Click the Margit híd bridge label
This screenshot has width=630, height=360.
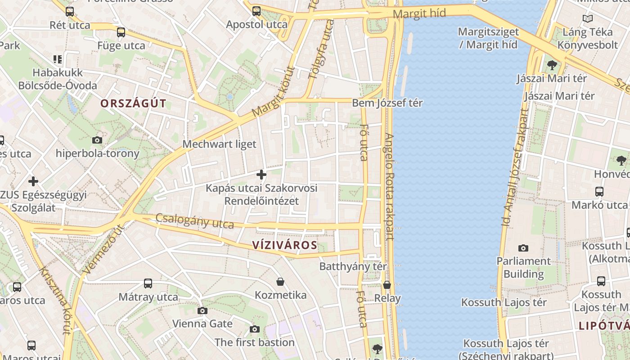tap(419, 14)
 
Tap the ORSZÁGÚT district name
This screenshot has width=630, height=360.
tap(133, 103)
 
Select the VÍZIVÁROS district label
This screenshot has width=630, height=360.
tap(284, 245)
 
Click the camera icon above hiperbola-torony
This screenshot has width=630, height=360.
tap(97, 140)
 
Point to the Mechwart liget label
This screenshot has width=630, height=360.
tap(219, 144)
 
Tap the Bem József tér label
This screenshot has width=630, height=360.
tap(387, 103)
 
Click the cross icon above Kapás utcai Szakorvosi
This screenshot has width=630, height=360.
tap(261, 175)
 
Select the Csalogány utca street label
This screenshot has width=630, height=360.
tap(194, 220)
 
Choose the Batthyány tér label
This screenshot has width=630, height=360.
tap(353, 266)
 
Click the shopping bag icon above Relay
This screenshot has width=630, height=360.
tap(387, 285)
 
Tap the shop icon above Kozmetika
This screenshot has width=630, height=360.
tap(280, 282)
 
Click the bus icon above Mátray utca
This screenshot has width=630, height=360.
tap(148, 283)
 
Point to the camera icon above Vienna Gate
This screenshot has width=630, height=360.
tap(202, 310)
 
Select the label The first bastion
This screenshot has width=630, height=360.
tap(254, 342)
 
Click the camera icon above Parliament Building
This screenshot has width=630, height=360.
tap(523, 248)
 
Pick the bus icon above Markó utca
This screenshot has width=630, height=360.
tap(599, 192)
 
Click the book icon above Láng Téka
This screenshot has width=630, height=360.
tap(587, 19)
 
